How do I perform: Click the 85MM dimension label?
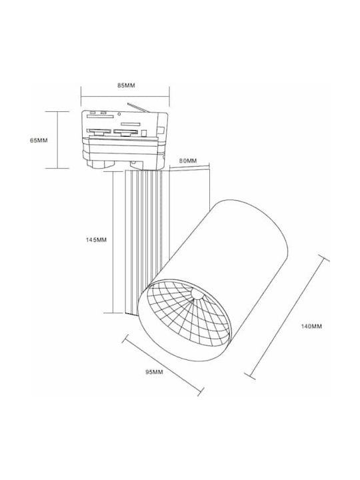point(126,85)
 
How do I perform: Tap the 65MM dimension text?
point(39,141)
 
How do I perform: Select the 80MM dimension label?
point(188,161)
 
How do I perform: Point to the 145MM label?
point(96,240)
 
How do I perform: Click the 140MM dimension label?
point(311,326)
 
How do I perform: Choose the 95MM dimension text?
point(154,372)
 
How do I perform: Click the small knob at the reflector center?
point(197,295)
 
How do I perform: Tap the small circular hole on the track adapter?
point(119,114)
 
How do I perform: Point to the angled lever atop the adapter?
point(138,107)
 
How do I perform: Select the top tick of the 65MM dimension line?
point(57,112)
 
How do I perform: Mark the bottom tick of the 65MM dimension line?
point(57,168)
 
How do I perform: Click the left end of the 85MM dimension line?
point(81,97)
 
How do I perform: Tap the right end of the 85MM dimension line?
point(169,97)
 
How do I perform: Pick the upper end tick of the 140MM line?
point(324,258)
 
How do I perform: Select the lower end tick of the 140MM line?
point(250,376)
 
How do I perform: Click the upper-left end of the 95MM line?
point(125,338)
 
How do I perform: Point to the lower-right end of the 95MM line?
point(201,391)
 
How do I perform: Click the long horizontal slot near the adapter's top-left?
point(101,116)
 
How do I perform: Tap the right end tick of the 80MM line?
point(209,167)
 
